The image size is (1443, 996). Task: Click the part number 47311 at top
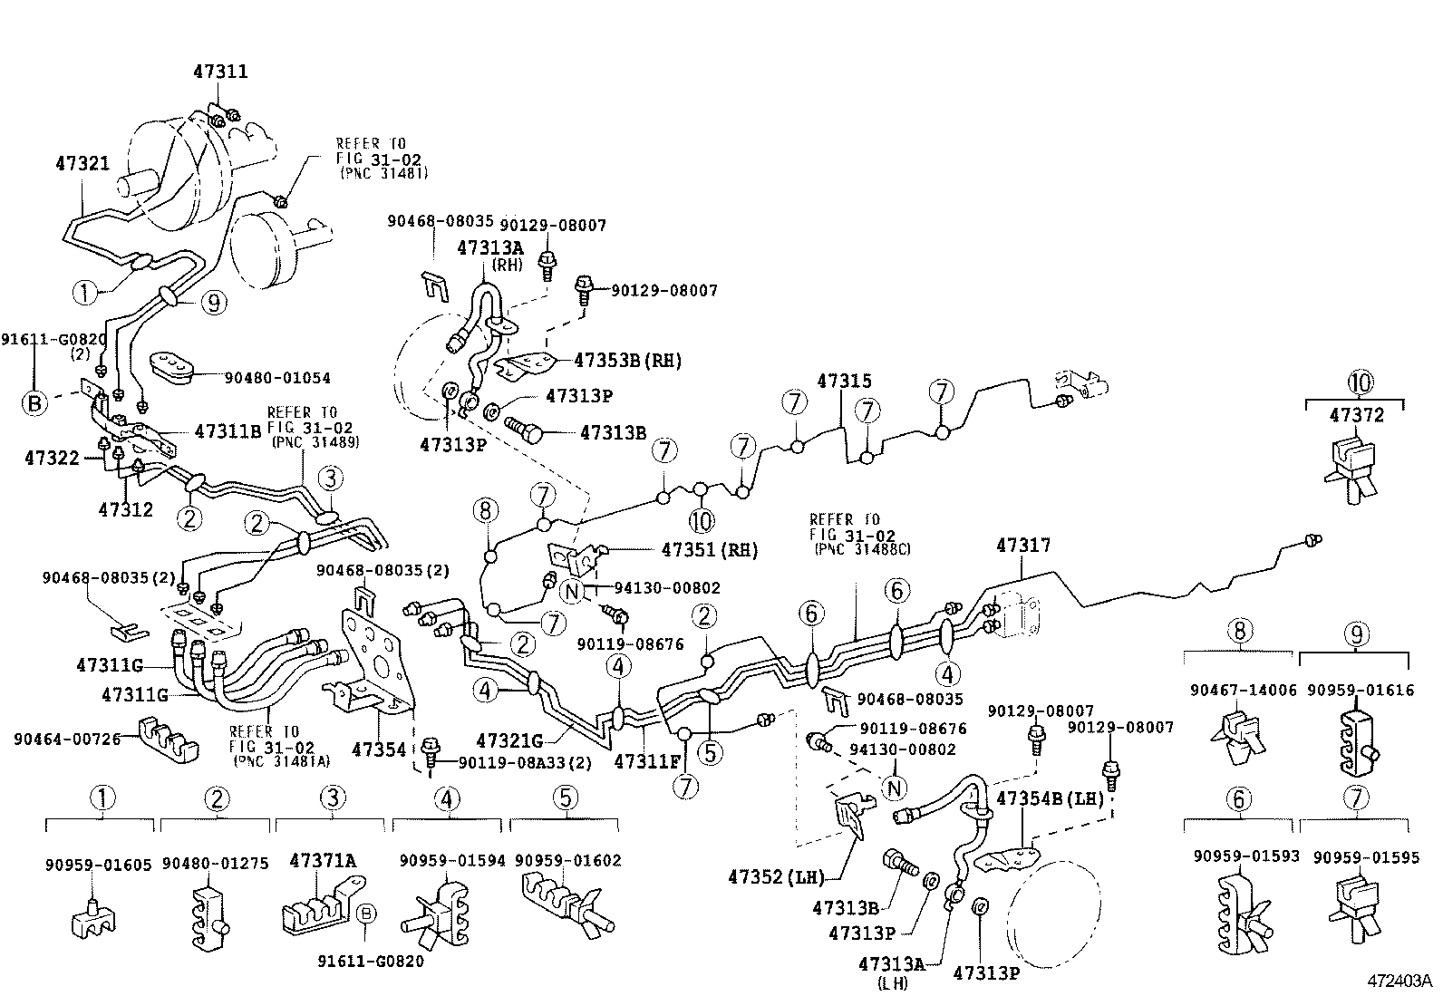click(220, 71)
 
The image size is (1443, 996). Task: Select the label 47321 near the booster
click(82, 164)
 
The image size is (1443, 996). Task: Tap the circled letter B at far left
click(34, 402)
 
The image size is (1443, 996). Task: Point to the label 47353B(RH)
click(627, 361)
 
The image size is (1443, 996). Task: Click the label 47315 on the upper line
click(844, 382)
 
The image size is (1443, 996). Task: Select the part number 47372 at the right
click(1357, 415)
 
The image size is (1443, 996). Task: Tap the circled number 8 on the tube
click(486, 510)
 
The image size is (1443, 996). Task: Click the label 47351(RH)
click(709, 550)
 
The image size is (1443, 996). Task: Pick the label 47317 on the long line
click(1023, 545)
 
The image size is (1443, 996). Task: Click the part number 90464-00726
click(67, 739)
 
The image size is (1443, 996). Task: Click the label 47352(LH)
click(776, 876)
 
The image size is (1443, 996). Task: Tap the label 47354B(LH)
click(1050, 798)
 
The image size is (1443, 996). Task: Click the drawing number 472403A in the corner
click(1399, 981)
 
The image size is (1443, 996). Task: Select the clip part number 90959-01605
click(98, 865)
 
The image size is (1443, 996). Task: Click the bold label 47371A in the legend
click(323, 859)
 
